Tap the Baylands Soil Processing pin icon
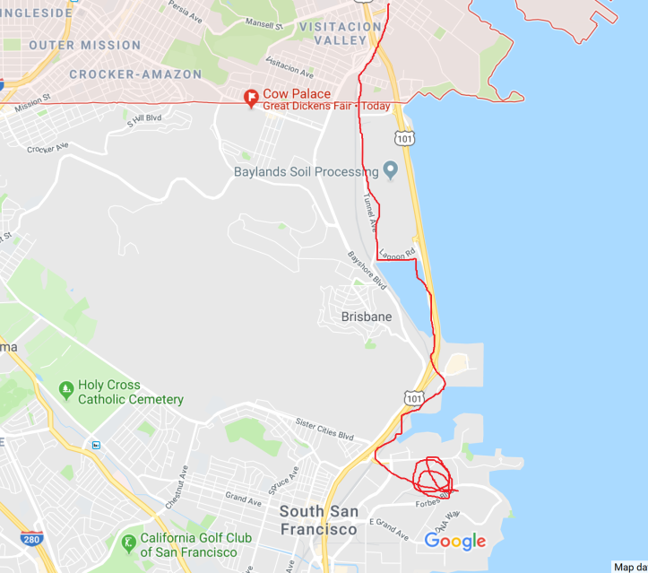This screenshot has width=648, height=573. (x=390, y=169)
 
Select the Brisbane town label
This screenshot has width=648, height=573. (x=366, y=317)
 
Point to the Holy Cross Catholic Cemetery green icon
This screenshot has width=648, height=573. (x=65, y=390)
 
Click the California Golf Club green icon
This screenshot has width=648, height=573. (x=129, y=543)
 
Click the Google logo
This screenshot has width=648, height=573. (x=454, y=541)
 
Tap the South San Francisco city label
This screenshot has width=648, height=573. (x=319, y=520)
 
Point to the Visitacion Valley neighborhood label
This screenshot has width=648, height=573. (x=340, y=33)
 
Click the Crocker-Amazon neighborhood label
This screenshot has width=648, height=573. (x=135, y=74)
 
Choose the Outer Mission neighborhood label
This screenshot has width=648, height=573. (x=84, y=45)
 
